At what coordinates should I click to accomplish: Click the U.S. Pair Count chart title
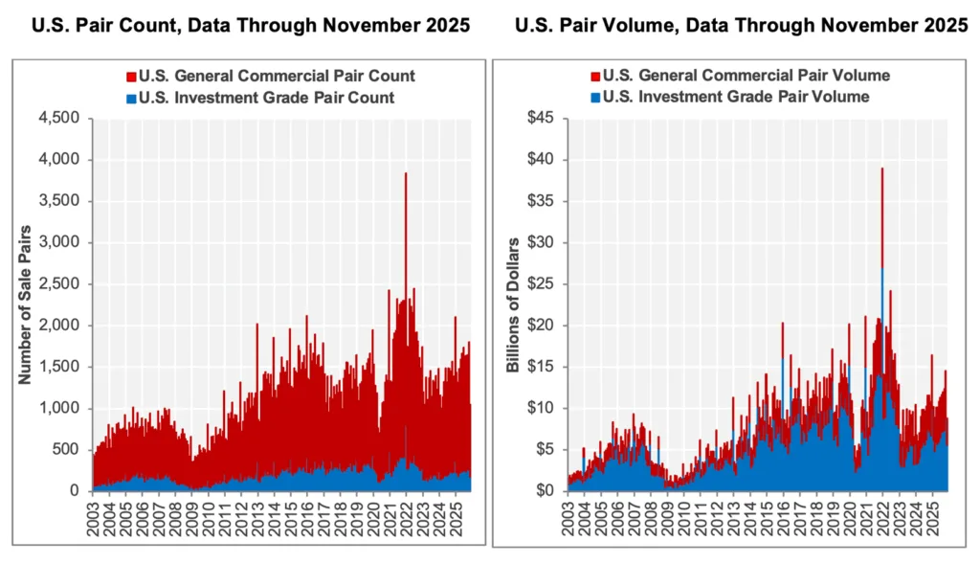click(251, 27)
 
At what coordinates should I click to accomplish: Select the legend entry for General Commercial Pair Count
click(277, 75)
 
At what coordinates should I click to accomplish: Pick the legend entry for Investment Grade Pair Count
click(266, 98)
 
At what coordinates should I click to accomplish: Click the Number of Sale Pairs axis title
click(26, 305)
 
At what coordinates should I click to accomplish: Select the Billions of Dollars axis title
click(514, 305)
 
